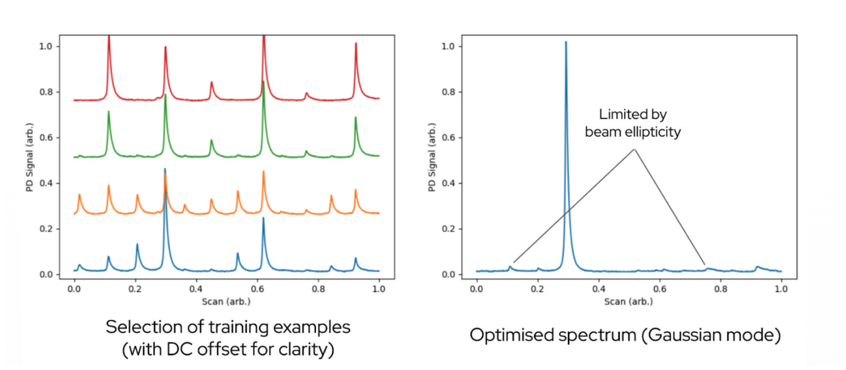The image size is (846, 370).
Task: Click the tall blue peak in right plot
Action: (565, 45)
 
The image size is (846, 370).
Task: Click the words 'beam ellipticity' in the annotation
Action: (633, 132)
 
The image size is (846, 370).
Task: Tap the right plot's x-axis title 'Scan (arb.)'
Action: (629, 301)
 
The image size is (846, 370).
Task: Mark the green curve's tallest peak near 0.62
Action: (263, 82)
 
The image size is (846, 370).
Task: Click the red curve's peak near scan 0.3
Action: (165, 48)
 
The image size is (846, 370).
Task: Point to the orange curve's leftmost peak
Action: (79, 195)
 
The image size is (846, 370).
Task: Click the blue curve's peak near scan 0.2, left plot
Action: (137, 244)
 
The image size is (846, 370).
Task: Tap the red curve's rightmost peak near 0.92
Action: (355, 44)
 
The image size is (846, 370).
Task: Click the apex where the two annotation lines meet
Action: (634, 149)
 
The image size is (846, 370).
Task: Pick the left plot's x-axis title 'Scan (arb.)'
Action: (226, 301)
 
